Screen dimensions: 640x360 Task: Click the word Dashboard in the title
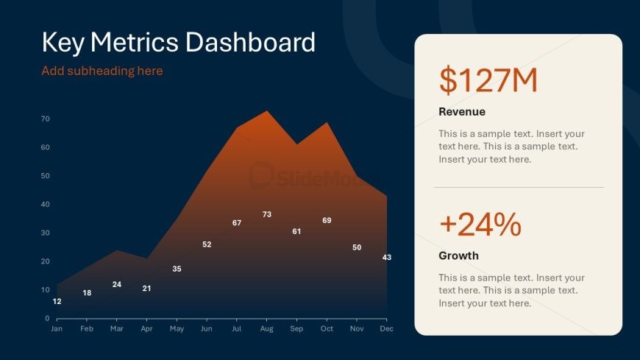pos(250,42)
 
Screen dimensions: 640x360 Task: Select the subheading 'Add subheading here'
pos(102,71)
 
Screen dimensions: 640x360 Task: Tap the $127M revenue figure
pos(488,80)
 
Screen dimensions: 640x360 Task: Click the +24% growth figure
pos(480,224)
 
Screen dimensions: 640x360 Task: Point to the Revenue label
pos(462,112)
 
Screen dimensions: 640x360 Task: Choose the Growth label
pos(458,255)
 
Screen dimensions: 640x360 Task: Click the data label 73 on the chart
pos(267,214)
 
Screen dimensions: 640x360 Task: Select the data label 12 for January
pos(57,301)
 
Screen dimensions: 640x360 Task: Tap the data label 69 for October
pos(327,220)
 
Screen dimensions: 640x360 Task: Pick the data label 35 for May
pos(177,269)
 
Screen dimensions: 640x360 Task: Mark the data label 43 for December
pos(387,257)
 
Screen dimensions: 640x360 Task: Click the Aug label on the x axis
pos(266,328)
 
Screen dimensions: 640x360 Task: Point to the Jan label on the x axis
pos(57,328)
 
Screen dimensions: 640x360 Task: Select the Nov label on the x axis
pos(357,328)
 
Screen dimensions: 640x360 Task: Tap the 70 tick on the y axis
pos(46,119)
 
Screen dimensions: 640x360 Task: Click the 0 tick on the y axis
pos(47,318)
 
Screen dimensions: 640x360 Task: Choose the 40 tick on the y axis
pos(46,205)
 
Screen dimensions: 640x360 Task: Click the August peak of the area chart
pos(267,110)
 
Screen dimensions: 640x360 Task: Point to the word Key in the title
pos(63,43)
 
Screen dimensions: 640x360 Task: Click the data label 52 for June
pos(207,244)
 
